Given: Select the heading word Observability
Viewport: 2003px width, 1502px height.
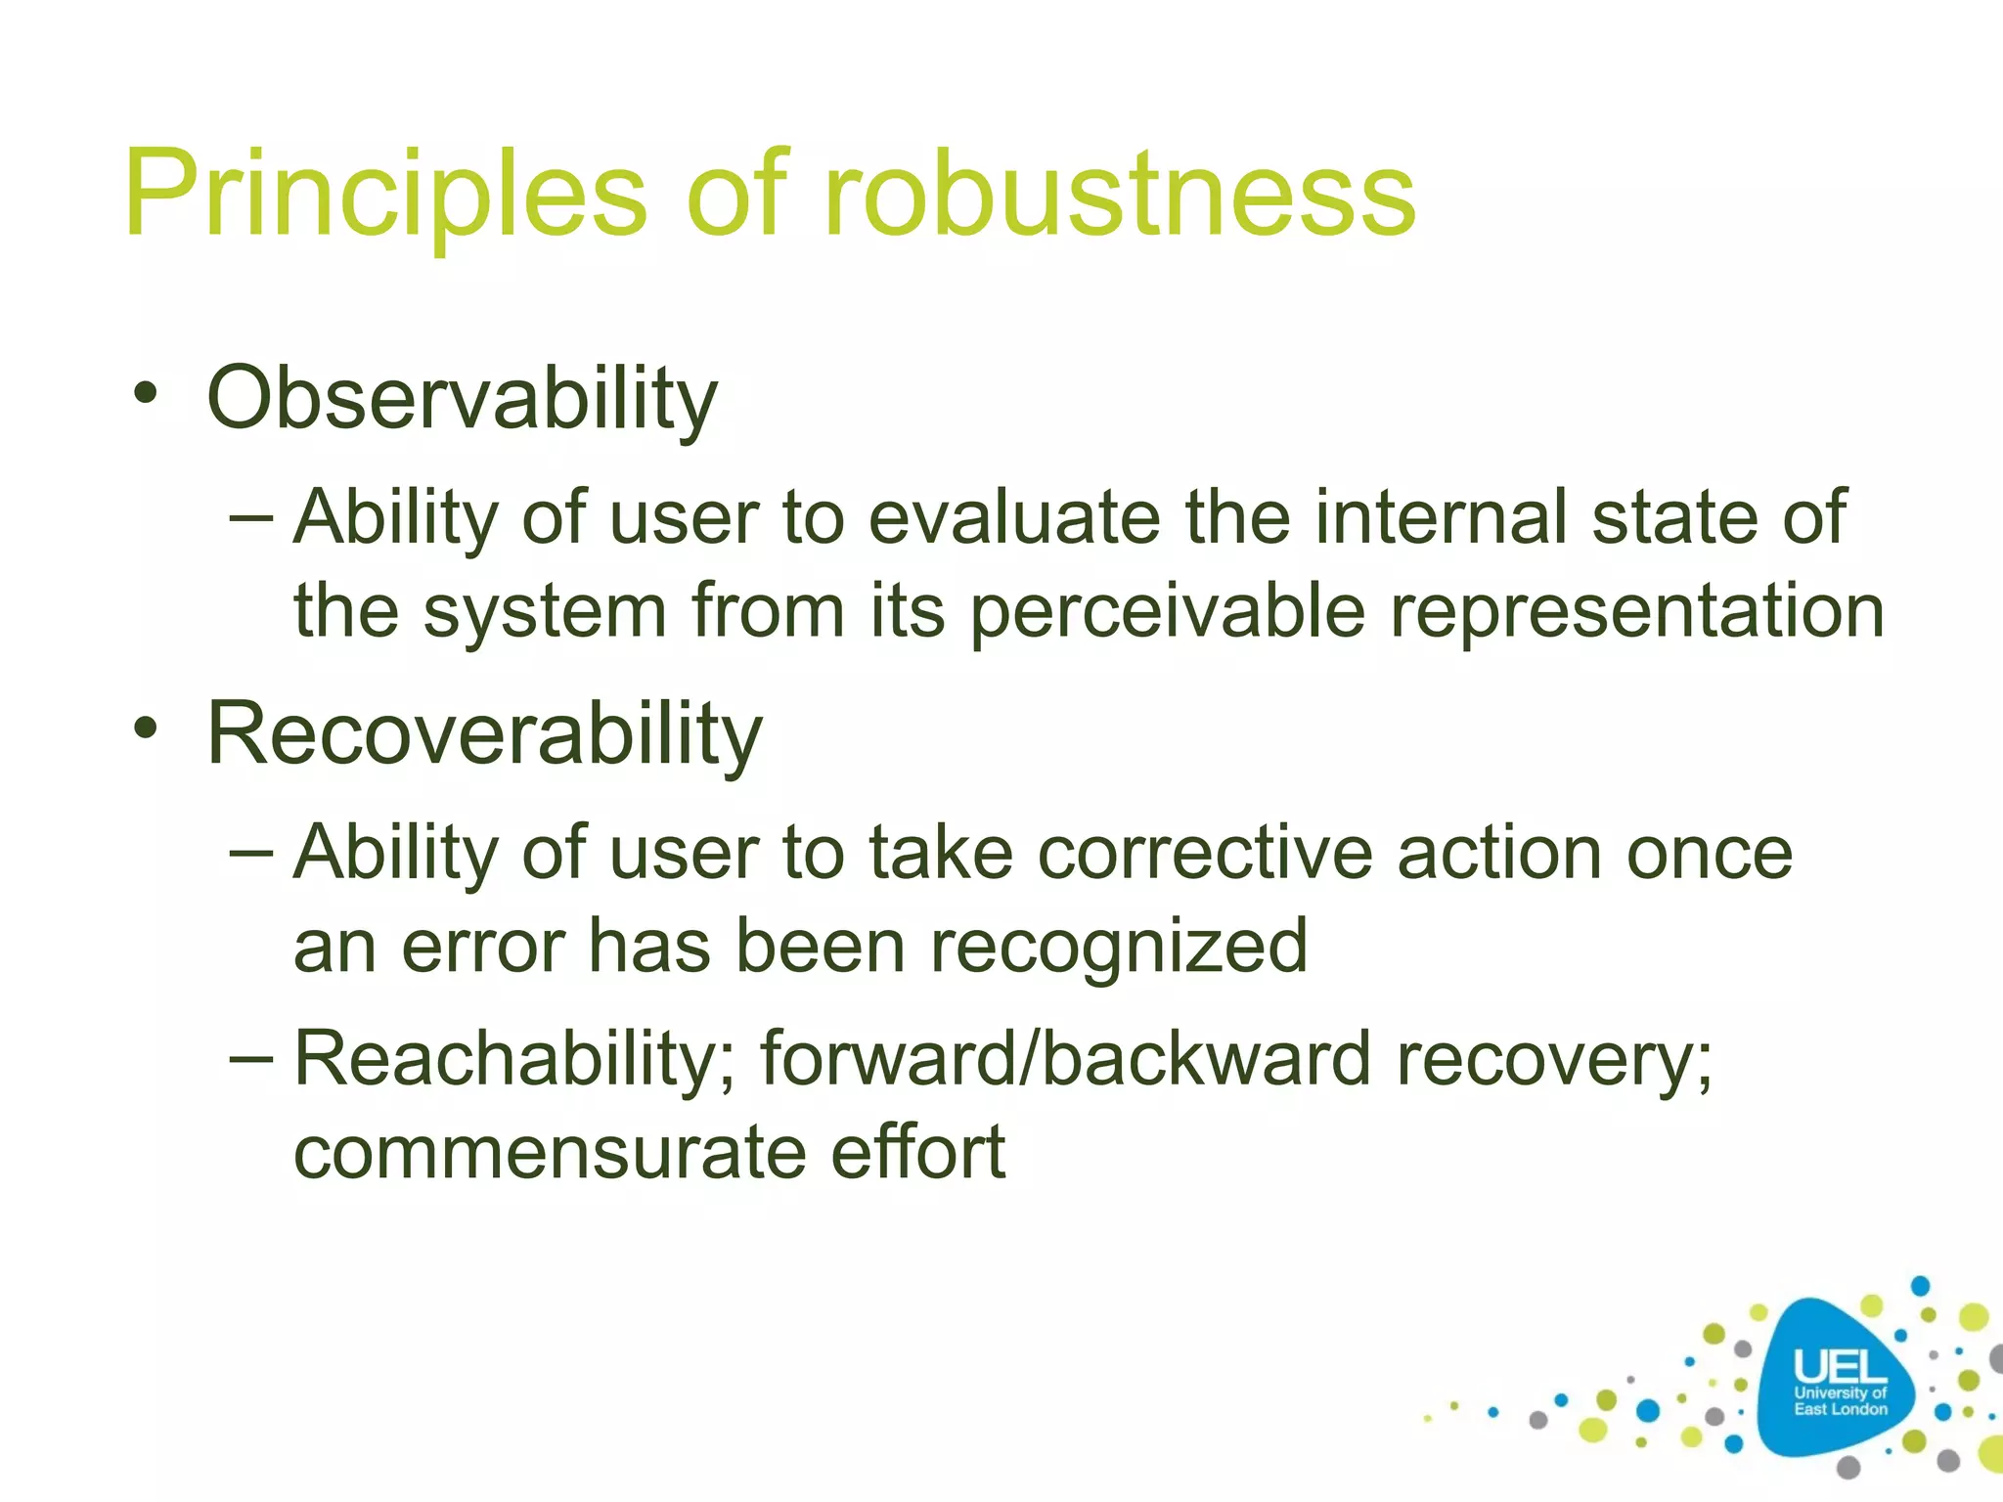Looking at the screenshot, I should coord(462,399).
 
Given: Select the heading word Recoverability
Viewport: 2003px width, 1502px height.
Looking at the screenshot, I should coord(484,734).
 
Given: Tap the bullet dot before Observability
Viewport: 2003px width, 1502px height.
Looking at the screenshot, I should coord(146,395).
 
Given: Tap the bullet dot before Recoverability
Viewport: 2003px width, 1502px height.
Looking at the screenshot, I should coord(146,729).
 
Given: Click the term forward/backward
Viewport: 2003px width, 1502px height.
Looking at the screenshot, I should coord(1066,1059).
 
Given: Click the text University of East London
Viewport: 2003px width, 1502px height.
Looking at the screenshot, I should coord(1840,1401).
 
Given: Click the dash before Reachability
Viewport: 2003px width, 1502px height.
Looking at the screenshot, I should coord(251,1057).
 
